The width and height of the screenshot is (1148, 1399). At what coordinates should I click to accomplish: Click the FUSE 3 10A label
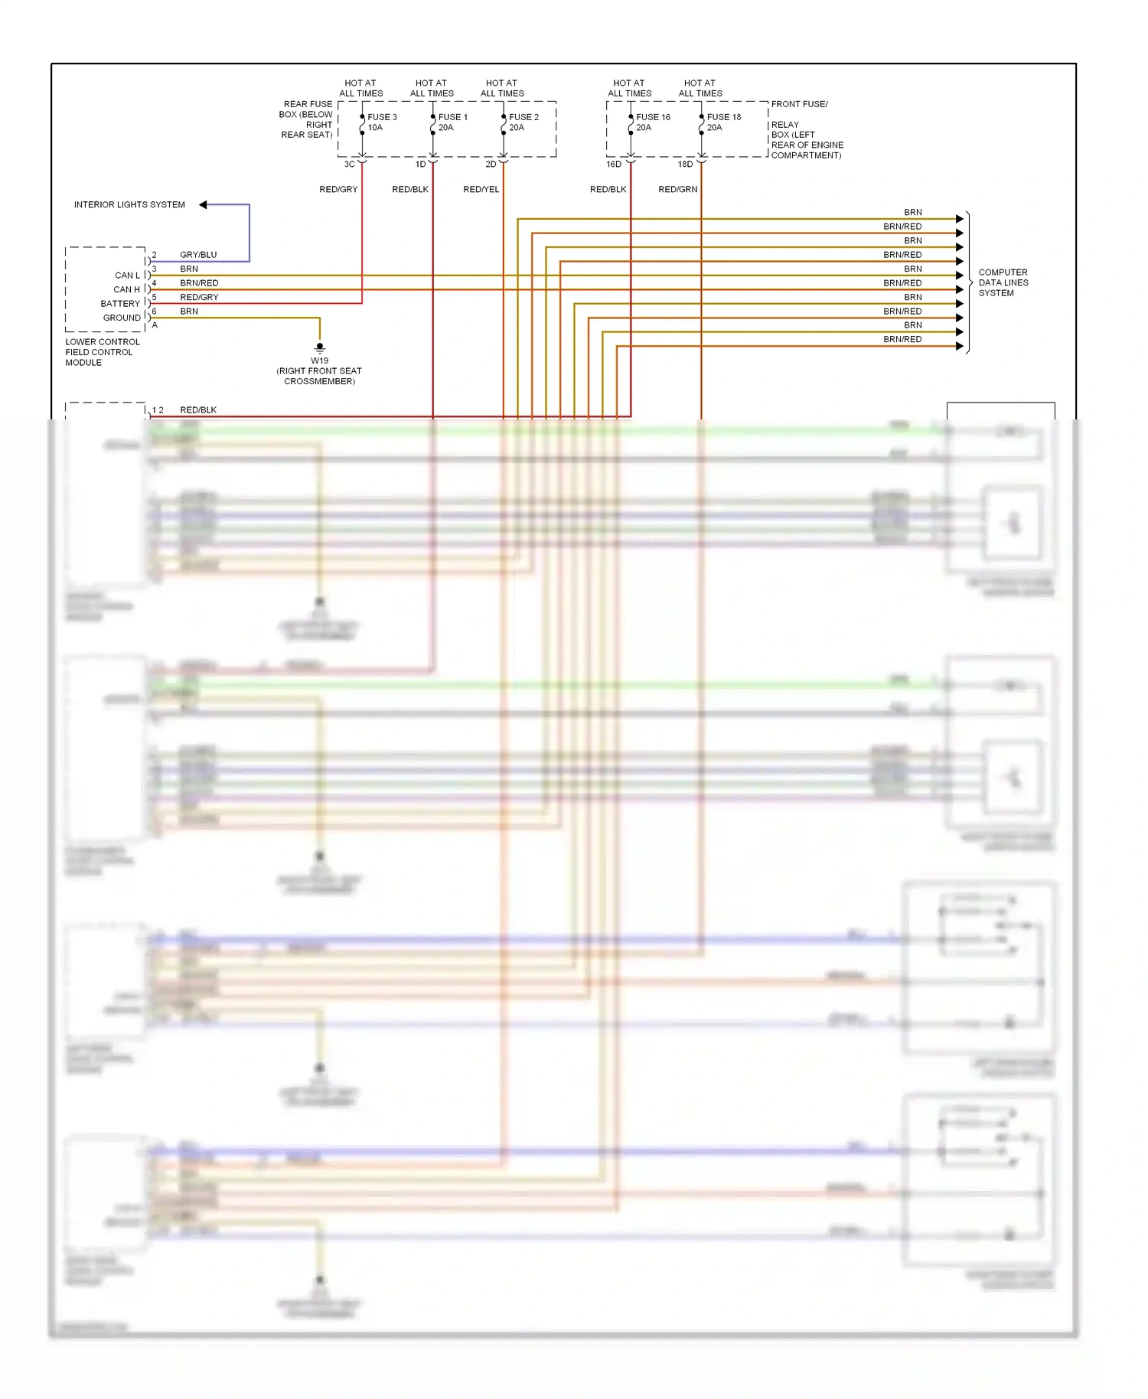coord(381,122)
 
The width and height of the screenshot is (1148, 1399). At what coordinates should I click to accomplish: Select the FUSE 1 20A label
coord(452,122)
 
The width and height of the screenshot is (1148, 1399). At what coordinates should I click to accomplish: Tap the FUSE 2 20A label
coord(523,122)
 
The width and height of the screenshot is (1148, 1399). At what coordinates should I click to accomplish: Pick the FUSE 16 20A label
coord(652,122)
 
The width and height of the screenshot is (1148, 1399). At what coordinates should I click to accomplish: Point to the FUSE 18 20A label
coord(723,122)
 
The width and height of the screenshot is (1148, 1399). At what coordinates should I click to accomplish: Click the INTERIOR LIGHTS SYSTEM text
coord(129,205)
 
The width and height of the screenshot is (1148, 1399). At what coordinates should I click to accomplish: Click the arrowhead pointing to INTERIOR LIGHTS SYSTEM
coord(203,205)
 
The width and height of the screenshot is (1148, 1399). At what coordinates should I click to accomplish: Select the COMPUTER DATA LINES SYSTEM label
coord(1003,282)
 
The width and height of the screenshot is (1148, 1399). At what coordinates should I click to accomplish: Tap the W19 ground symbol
coord(320,347)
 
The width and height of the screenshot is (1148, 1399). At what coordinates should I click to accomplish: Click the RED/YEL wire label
coord(481,190)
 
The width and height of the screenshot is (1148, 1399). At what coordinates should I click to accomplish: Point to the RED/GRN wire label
coord(677,190)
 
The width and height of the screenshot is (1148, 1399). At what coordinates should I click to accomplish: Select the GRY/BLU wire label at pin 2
coord(198,255)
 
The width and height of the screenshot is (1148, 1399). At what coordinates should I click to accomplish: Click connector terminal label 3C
coord(349,165)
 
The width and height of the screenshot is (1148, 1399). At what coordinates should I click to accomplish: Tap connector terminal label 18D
coord(685,165)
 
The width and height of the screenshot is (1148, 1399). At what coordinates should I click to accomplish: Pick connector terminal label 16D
coord(614,165)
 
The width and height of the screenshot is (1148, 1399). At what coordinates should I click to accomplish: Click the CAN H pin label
coord(126,290)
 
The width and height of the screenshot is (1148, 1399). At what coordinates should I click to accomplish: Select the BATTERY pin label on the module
coord(120,304)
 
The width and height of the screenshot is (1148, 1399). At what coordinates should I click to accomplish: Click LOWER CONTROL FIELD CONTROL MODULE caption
coord(102,353)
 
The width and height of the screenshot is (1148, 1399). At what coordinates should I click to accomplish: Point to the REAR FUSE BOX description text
coord(306,119)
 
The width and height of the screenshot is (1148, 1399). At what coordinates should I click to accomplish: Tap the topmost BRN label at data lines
coord(912,213)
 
